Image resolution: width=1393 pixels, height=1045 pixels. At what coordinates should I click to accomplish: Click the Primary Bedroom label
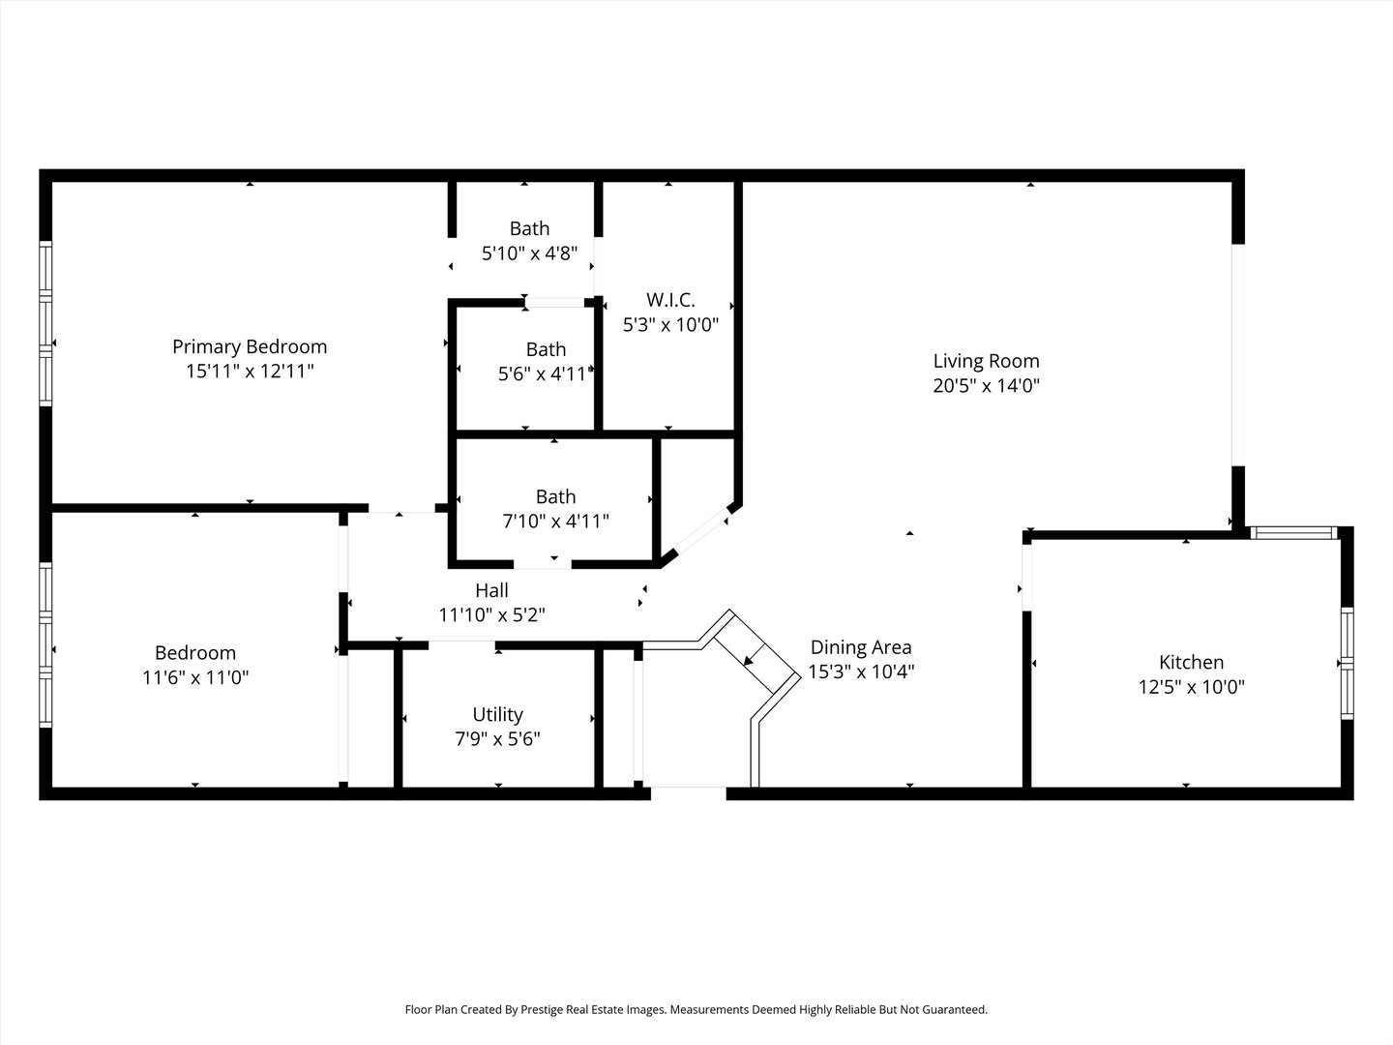point(250,346)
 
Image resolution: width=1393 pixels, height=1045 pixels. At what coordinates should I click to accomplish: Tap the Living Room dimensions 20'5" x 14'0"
point(986,385)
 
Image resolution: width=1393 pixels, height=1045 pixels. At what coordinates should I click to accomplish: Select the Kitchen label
point(1191,662)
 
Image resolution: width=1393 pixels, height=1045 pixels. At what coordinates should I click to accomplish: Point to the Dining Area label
point(860,647)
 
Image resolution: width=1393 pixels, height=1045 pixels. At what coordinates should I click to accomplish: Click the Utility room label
point(497,714)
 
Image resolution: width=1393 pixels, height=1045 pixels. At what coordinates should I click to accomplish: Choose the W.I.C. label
point(670,300)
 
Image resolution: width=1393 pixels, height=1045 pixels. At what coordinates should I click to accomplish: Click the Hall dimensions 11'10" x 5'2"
point(491,614)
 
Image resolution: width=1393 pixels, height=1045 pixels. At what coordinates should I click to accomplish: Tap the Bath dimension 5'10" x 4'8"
point(529,254)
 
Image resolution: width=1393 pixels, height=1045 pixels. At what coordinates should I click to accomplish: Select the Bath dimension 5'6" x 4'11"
point(545,373)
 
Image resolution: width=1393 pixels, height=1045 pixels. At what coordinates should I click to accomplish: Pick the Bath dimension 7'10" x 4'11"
point(555,521)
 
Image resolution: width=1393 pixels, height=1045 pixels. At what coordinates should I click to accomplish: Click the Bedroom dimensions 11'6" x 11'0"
point(195,677)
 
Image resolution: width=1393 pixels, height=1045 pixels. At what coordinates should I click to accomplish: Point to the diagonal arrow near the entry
point(750,658)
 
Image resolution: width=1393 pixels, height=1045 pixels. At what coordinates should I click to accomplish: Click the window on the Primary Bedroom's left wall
point(44,323)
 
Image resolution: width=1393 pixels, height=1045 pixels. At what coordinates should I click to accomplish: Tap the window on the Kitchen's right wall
point(1347,663)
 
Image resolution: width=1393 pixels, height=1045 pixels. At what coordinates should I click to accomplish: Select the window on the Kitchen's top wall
point(1292,532)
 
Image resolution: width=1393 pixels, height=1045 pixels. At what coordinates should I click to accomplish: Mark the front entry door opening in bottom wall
point(688,793)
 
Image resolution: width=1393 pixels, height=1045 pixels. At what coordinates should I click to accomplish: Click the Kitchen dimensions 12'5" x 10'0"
point(1191,687)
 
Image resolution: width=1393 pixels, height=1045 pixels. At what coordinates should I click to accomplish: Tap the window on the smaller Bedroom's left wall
point(44,644)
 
